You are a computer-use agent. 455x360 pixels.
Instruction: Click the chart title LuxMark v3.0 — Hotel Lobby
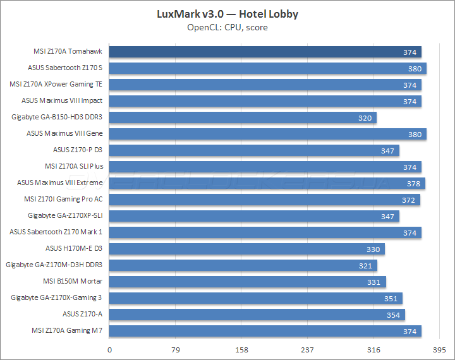pyautogui.click(x=227, y=14)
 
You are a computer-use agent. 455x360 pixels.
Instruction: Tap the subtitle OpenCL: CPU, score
pyautogui.click(x=227, y=27)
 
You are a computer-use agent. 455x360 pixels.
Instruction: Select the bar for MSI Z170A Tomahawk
pyautogui.click(x=265, y=52)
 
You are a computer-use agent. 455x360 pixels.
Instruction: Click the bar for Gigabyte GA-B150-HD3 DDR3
pyautogui.click(x=243, y=117)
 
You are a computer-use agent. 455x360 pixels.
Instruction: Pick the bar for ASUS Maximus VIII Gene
pyautogui.click(x=268, y=134)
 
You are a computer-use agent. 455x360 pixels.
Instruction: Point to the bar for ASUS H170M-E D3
pyautogui.click(x=247, y=249)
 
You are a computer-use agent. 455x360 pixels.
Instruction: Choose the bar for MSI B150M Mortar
pyautogui.click(x=248, y=282)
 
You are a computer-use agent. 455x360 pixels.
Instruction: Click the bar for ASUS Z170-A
pyautogui.click(x=257, y=315)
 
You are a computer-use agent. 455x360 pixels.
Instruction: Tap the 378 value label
pyautogui.click(x=412, y=183)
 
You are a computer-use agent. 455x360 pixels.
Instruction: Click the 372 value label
pyautogui.click(x=408, y=200)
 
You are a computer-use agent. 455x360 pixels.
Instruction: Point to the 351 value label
pyautogui.click(x=391, y=298)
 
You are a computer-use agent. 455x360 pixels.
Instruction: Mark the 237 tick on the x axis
pyautogui.click(x=307, y=350)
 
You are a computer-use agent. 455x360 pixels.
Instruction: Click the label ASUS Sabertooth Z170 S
pyautogui.click(x=65, y=68)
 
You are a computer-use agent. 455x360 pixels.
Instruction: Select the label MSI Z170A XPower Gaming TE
pyautogui.click(x=56, y=85)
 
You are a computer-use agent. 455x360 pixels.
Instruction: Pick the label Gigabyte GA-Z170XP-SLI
pyautogui.click(x=66, y=216)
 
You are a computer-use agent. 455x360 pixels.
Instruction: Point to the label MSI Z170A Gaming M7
pyautogui.click(x=67, y=331)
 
